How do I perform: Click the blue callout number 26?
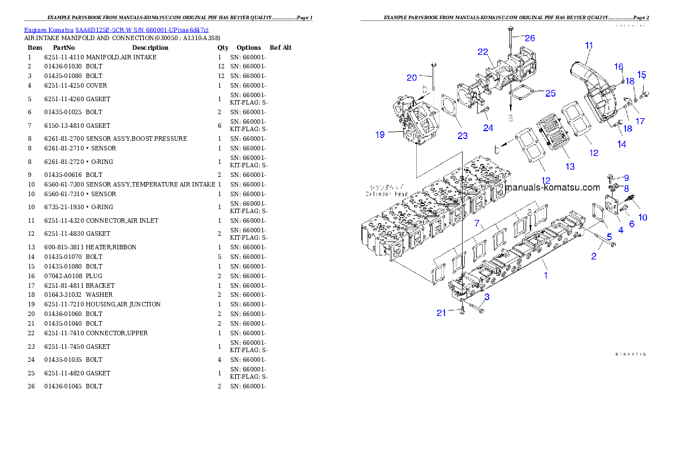[x=529, y=38]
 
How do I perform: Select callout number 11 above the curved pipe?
[x=589, y=45]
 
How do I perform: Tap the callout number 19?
[x=379, y=134]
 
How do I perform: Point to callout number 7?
[x=477, y=224]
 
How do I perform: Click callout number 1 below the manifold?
[x=546, y=275]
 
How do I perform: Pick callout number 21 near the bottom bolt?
[x=441, y=313]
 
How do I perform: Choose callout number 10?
[x=643, y=217]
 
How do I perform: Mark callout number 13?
[x=570, y=166]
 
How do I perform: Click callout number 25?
[x=550, y=93]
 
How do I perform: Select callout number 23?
[x=463, y=135]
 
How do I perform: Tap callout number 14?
[x=622, y=144]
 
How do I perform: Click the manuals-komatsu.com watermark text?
[x=553, y=187]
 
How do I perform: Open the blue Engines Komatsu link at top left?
[x=116, y=29]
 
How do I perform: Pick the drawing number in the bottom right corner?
[x=631, y=354]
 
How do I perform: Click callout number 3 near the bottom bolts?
[x=486, y=296]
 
